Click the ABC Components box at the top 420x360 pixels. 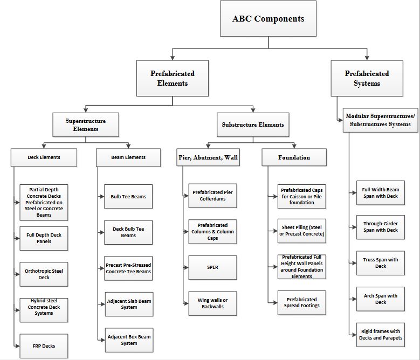[x=268, y=18]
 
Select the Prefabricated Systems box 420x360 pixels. [x=367, y=78]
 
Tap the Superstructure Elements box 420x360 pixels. [x=86, y=124]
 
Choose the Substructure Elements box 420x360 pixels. [x=253, y=124]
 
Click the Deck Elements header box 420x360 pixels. [x=44, y=158]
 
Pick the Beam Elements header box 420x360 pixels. [x=128, y=158]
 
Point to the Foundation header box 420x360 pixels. [x=294, y=157]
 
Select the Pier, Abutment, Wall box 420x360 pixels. [x=208, y=157]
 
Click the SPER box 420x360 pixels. [x=212, y=268]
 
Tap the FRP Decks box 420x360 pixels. [x=44, y=346]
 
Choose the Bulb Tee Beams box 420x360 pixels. [x=128, y=197]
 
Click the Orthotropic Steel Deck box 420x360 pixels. [x=44, y=274]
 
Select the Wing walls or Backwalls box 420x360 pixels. [x=212, y=303]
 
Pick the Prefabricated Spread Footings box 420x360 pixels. [x=302, y=303]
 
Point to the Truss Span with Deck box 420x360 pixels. [x=381, y=263]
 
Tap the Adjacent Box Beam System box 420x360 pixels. [x=129, y=340]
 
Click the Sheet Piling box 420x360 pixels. [x=302, y=231]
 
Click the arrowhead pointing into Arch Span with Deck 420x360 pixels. [x=354, y=299]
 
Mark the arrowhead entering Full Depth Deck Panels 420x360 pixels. [x=18, y=239]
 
